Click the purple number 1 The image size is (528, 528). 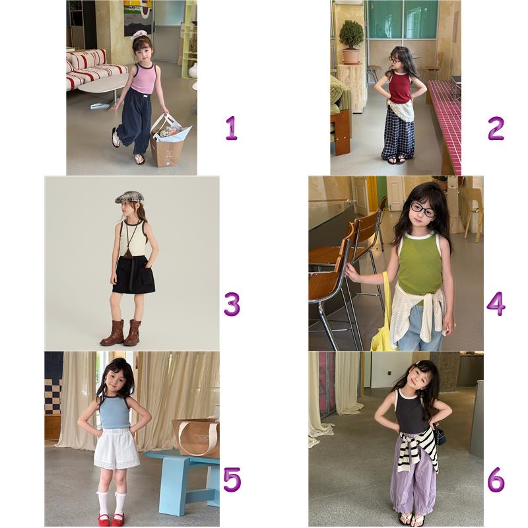click(x=232, y=128)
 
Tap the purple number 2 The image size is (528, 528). click(x=496, y=128)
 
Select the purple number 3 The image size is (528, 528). click(x=232, y=304)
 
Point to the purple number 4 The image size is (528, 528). click(x=496, y=304)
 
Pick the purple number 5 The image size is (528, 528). click(x=232, y=480)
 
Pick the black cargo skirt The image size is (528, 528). click(x=134, y=275)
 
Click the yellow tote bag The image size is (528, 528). click(x=384, y=320)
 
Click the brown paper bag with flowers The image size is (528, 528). click(x=168, y=141)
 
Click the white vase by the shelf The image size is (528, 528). click(x=193, y=71)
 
